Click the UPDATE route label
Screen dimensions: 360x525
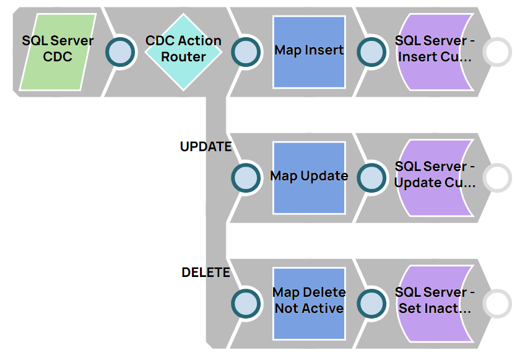(x=206, y=147)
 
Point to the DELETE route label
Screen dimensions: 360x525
(x=206, y=273)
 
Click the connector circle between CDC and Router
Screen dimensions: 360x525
(x=121, y=52)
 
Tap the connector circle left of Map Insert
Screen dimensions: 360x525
(x=246, y=52)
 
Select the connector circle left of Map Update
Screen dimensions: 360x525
(x=246, y=178)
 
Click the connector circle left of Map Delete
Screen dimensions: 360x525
(x=246, y=304)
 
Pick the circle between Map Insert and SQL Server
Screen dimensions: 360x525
(x=371, y=52)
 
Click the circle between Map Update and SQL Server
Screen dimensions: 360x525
(x=371, y=178)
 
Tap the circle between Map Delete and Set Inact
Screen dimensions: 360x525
(x=371, y=304)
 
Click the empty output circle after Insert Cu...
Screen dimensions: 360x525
(x=497, y=52)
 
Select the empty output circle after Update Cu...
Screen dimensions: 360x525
(x=497, y=178)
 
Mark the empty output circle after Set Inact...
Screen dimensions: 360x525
(x=497, y=304)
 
